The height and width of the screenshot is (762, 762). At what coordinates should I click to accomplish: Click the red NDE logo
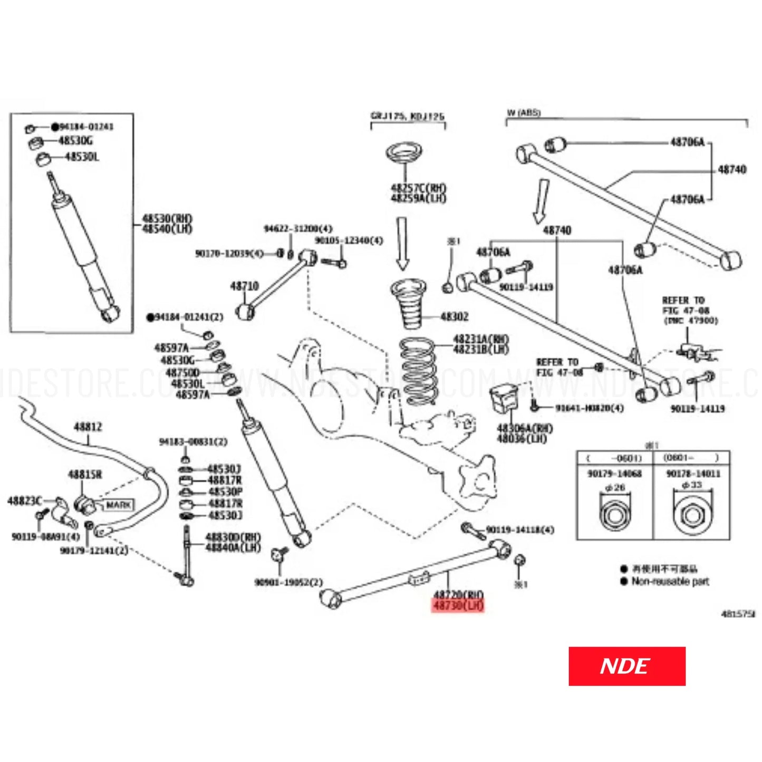tap(626, 666)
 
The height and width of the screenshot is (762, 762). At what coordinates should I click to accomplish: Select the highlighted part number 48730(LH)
tap(458, 606)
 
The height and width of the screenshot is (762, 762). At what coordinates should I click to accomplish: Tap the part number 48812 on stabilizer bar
tap(88, 427)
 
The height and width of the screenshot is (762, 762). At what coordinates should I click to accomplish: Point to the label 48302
tap(454, 317)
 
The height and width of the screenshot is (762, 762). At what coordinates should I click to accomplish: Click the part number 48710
tap(244, 286)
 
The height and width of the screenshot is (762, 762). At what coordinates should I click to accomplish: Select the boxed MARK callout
tap(118, 505)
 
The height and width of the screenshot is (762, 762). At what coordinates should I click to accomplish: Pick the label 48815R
tap(85, 475)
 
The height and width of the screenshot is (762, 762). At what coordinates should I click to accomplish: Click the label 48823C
tap(25, 500)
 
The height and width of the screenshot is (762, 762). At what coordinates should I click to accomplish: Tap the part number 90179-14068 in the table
tap(614, 474)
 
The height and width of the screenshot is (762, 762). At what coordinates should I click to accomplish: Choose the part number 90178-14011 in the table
tap(693, 474)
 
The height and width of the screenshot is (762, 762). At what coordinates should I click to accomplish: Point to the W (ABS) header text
tap(523, 113)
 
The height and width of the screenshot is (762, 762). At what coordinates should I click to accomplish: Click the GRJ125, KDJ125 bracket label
tap(407, 116)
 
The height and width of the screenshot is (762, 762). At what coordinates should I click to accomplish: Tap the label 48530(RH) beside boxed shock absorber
tap(167, 218)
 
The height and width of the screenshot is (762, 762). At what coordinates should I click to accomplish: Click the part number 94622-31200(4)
tap(298, 228)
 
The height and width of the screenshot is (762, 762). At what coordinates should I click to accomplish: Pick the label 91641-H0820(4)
tap(589, 408)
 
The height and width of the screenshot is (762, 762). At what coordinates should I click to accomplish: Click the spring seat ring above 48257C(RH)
tap(405, 153)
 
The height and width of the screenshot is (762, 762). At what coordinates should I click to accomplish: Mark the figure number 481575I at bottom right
tap(738, 614)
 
